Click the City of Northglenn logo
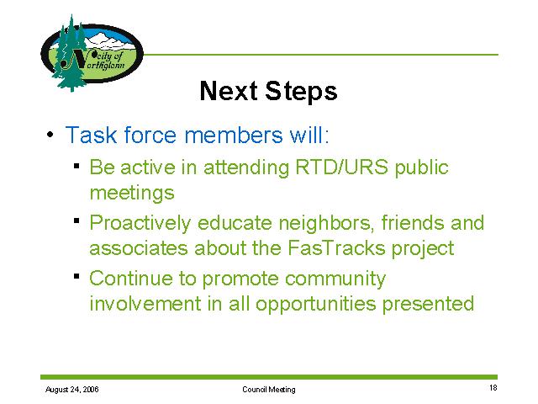[x=92, y=53]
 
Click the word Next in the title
[x=229, y=91]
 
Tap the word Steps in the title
[x=301, y=92]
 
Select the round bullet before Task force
[x=50, y=135]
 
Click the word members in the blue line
[x=234, y=135]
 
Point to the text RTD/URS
[x=342, y=167]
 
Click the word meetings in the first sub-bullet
[x=132, y=193]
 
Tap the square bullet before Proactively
[x=76, y=221]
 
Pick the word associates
[x=139, y=248]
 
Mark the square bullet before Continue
[x=76, y=276]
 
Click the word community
[x=335, y=279]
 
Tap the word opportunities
[x=316, y=305]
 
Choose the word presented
[x=428, y=305]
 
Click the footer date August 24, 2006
[x=72, y=390]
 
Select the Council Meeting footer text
[x=269, y=390]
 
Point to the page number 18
[x=493, y=388]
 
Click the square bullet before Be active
[x=76, y=167]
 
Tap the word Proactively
[x=140, y=224]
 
